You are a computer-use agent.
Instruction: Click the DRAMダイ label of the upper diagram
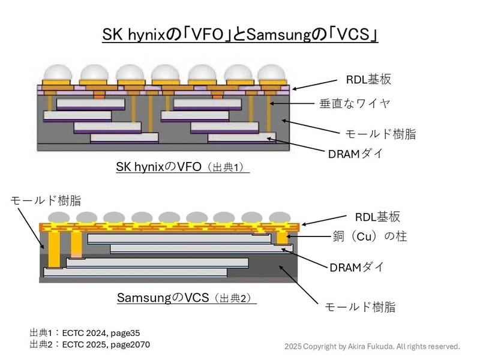tap(355, 154)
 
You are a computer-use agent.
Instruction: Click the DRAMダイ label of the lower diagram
tap(356, 267)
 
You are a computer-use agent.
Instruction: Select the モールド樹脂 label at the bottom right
tap(360, 307)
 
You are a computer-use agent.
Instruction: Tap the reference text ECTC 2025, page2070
tap(106, 344)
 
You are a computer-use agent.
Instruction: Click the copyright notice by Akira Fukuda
tap(372, 346)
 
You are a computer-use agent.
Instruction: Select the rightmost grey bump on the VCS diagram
tap(280, 217)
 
